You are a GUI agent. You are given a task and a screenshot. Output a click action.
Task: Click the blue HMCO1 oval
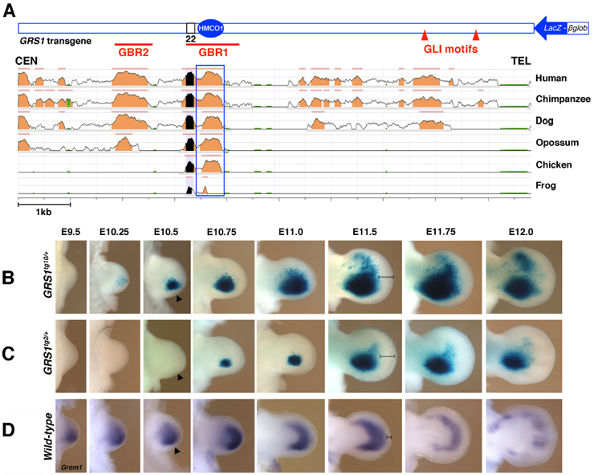coord(210,28)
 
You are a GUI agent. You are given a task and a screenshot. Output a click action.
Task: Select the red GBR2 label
coord(133,52)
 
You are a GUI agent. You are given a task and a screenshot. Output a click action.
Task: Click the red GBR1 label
coord(214,52)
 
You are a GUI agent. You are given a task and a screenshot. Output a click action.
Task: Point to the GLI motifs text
coord(451,49)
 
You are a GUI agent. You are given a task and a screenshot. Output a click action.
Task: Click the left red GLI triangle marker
coord(425,35)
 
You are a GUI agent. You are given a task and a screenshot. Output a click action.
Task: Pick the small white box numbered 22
coord(190,28)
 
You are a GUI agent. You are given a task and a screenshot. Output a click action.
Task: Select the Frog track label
coord(546,185)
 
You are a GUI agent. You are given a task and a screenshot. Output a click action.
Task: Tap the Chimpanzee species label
coord(563,99)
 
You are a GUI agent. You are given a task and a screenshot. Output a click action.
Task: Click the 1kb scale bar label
coord(43,212)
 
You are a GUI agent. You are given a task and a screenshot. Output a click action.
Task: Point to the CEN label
coord(26,61)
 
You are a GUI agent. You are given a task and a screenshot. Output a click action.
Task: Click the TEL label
coord(520,61)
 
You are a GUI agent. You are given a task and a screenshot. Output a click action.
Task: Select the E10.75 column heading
coord(222,232)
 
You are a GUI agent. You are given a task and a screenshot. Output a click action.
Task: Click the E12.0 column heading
coord(521,232)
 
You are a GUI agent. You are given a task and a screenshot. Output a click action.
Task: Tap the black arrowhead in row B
coord(179,298)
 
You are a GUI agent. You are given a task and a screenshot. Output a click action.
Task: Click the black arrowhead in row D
coord(177,451)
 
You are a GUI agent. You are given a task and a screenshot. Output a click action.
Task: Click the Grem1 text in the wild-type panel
coord(71,467)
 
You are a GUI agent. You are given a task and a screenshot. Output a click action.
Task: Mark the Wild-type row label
coord(48,436)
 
